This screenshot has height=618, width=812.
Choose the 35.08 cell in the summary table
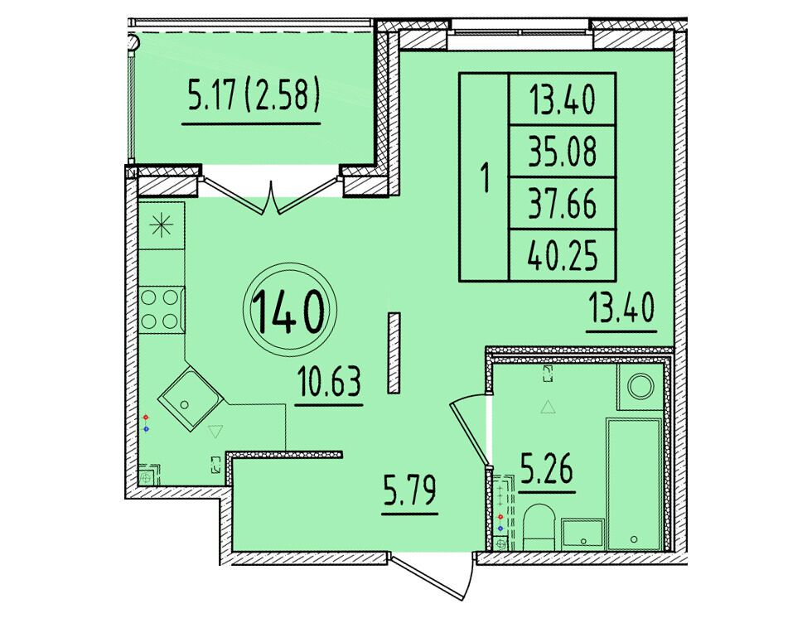tap(563, 151)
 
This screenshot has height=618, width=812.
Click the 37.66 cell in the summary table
tap(563, 204)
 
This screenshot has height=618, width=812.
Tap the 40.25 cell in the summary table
tap(563, 256)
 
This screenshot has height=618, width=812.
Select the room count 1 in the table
tap(485, 177)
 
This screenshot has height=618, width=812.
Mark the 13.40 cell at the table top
tap(563, 99)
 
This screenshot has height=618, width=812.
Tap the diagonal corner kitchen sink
tap(190, 397)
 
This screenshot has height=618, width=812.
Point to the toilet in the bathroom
tap(539, 527)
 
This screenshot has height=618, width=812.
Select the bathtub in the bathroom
tap(635, 485)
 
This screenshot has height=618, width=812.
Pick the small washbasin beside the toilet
tap(583, 534)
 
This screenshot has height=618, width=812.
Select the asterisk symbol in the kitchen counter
tap(161, 225)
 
